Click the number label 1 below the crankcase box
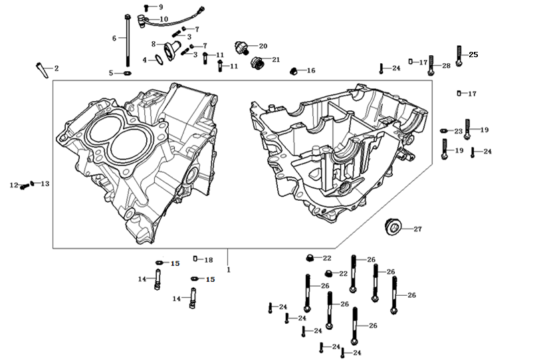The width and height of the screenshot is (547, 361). [x=228, y=270]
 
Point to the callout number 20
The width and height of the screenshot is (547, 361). [x=263, y=46]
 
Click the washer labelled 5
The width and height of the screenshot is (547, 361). [x=126, y=72]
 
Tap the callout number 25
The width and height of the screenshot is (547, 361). [x=473, y=55]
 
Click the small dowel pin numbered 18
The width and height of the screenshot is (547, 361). [x=195, y=259]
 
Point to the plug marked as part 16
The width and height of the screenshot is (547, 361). [x=292, y=70]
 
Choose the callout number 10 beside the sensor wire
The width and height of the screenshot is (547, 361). [x=164, y=19]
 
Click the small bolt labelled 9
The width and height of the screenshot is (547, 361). [x=146, y=7]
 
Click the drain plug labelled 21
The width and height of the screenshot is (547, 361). [x=258, y=63]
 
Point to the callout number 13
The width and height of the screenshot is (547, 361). [x=45, y=183]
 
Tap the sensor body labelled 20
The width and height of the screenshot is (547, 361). [x=243, y=47]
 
